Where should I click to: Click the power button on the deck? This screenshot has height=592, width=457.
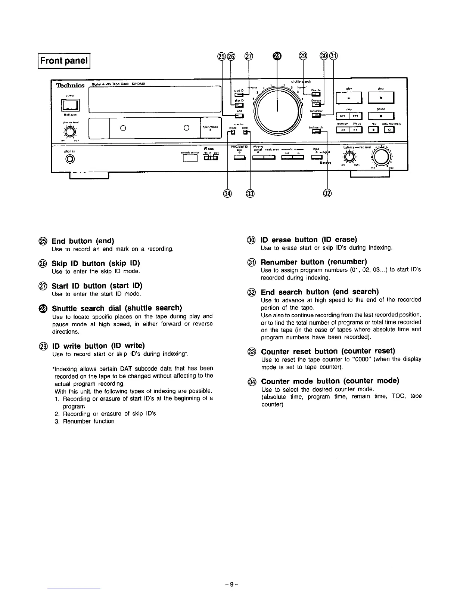click(70, 106)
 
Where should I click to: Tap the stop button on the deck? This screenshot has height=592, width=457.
click(380, 99)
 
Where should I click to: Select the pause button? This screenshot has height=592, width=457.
click(380, 117)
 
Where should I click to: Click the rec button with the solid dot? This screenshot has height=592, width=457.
click(373, 130)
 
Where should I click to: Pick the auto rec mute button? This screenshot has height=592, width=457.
click(390, 130)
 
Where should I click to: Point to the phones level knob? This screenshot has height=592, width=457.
click(69, 131)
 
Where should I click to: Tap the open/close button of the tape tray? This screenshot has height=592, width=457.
click(211, 127)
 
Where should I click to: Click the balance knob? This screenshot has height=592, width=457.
click(349, 156)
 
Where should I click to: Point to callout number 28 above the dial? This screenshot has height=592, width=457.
click(277, 56)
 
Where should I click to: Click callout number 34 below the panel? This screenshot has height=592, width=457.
click(227, 193)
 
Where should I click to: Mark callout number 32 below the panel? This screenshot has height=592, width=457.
click(327, 193)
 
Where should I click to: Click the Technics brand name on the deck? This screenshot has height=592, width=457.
click(70, 86)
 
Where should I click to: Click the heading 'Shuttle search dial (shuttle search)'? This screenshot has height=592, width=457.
click(117, 308)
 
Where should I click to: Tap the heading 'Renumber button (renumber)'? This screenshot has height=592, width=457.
click(314, 261)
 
